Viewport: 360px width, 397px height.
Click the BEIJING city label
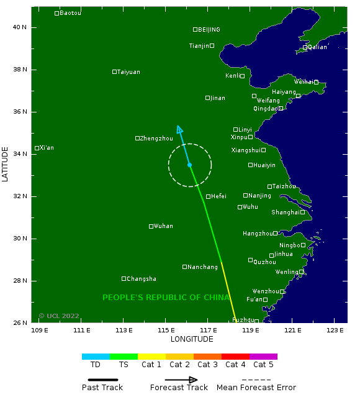pos(209,30)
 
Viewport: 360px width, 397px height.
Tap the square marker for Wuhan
pos(151,226)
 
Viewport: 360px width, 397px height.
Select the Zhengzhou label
pos(156,139)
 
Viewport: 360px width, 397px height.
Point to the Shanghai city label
pos(286,212)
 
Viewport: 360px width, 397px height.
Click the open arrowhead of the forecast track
pos(179,129)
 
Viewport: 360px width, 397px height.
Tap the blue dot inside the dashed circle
pos(189,165)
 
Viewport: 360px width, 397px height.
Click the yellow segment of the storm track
pos(228,291)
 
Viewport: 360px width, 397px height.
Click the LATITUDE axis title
pos(6,164)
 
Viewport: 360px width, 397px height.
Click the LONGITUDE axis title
pos(192,339)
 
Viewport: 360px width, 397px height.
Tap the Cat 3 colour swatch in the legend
pos(207,357)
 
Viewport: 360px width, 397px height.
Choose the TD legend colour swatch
pos(96,357)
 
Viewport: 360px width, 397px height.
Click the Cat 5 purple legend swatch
pos(263,357)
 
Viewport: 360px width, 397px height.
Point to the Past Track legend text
pos(102,388)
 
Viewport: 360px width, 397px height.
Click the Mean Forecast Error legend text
pos(256,388)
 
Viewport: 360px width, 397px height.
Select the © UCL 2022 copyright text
pos(59,316)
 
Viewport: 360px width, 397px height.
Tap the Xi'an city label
pos(47,148)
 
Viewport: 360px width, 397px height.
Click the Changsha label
pos(142,279)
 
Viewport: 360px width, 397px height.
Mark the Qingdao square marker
pos(281,108)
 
